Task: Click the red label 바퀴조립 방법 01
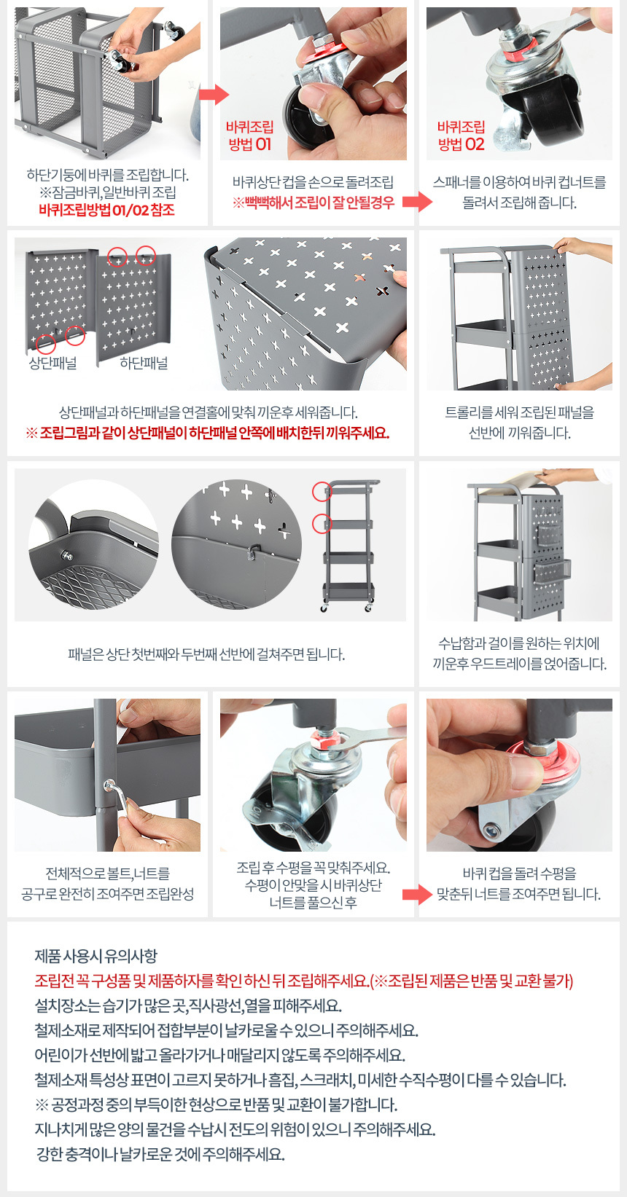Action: [x=249, y=136]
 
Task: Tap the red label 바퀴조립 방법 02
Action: [x=462, y=136]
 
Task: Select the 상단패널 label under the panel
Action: [x=53, y=364]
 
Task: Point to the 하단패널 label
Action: [x=144, y=364]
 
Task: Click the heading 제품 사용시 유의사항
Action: [x=96, y=955]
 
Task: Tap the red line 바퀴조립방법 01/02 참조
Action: [x=107, y=210]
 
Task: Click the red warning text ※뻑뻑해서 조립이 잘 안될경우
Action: [x=313, y=203]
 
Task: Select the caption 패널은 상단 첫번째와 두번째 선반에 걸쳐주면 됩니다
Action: [x=206, y=654]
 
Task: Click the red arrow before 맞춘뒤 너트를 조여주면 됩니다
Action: [x=417, y=894]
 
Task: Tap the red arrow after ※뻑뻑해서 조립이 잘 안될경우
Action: [x=417, y=202]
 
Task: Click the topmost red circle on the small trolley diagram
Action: [x=322, y=491]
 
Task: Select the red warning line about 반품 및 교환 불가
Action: [x=304, y=981]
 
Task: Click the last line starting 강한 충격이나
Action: [x=160, y=1154]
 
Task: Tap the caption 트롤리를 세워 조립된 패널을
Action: [x=520, y=412]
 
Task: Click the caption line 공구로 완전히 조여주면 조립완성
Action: [x=107, y=894]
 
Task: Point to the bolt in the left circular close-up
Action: [x=67, y=555]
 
